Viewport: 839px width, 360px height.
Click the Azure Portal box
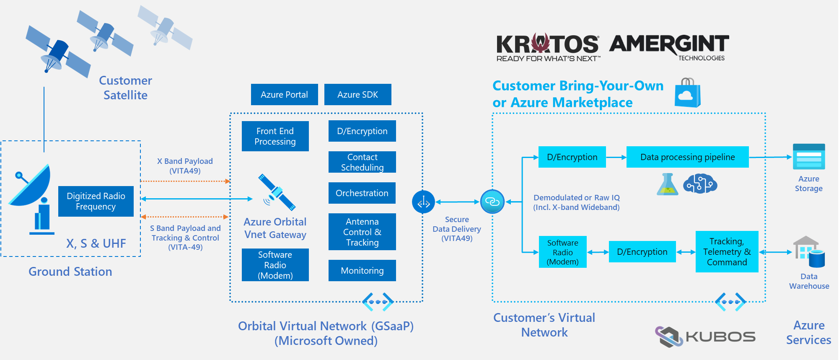284,94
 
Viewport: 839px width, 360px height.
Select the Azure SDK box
357,94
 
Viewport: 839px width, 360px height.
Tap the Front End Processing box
275,136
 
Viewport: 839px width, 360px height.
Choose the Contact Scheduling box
362,162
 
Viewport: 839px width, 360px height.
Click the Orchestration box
362,193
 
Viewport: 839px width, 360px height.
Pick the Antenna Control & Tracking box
362,232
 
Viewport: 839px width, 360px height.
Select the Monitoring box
362,270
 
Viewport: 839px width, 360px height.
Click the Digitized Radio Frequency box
96,201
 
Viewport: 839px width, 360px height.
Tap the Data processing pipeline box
687,157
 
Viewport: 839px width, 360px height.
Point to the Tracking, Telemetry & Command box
727,251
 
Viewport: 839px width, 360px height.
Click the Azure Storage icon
808,157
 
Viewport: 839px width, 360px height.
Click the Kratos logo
547,47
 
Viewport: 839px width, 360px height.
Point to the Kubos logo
705,337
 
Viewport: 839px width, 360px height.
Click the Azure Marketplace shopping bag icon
687,93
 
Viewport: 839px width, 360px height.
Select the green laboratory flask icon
667,184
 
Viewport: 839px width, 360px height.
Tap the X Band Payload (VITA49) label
185,166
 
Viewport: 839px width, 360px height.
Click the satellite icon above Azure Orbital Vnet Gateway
276,192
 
